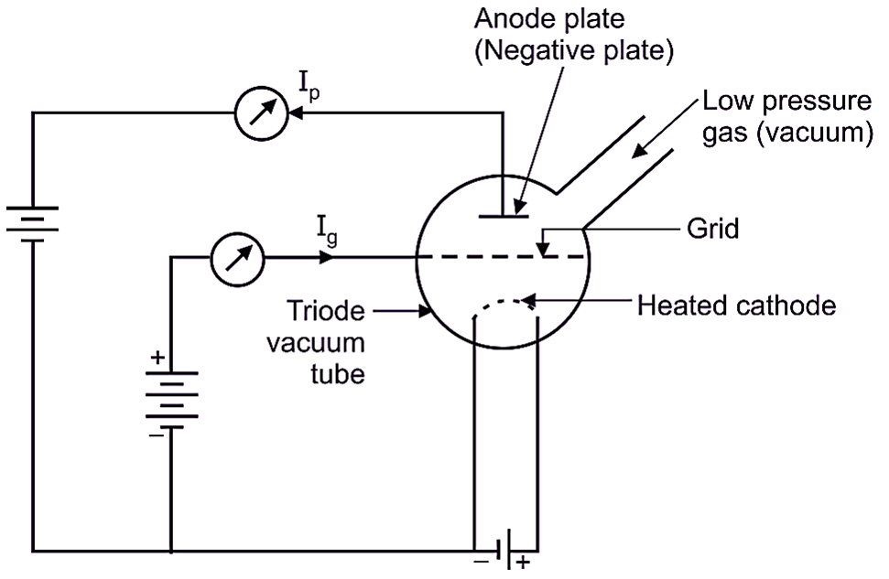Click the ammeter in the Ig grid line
[x=237, y=259]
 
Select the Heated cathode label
[x=735, y=305]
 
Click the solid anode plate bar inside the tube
[x=504, y=217]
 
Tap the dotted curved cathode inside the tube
[x=502, y=305]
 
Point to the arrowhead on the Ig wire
[x=327, y=259]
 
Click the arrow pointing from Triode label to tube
[x=403, y=313]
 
